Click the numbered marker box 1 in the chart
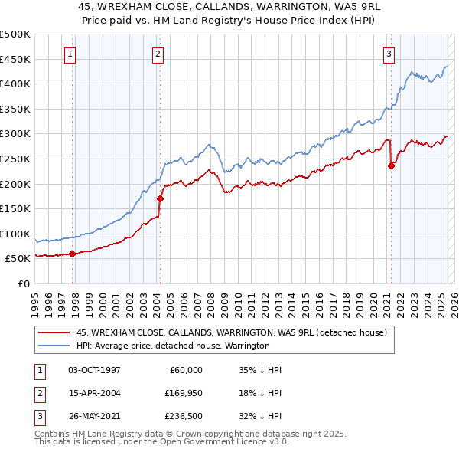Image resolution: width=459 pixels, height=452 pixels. pos(70,54)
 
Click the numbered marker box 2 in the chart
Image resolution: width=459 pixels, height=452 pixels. pos(157,54)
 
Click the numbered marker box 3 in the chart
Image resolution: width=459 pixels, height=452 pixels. pos(389,54)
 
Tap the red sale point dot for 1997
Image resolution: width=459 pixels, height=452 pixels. pos(73,254)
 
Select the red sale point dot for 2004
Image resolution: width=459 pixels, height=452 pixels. pos(161,198)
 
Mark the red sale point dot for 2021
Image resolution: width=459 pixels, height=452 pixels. pos(392,165)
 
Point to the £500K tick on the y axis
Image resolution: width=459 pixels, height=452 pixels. pos(15,34)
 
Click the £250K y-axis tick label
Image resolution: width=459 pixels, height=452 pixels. pos(15,159)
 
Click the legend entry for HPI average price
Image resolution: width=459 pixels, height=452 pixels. pos(173,346)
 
